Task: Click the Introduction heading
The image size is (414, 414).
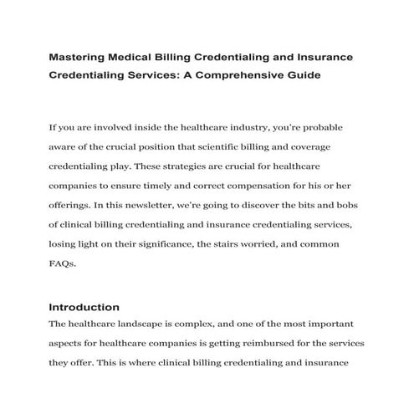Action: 84,307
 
